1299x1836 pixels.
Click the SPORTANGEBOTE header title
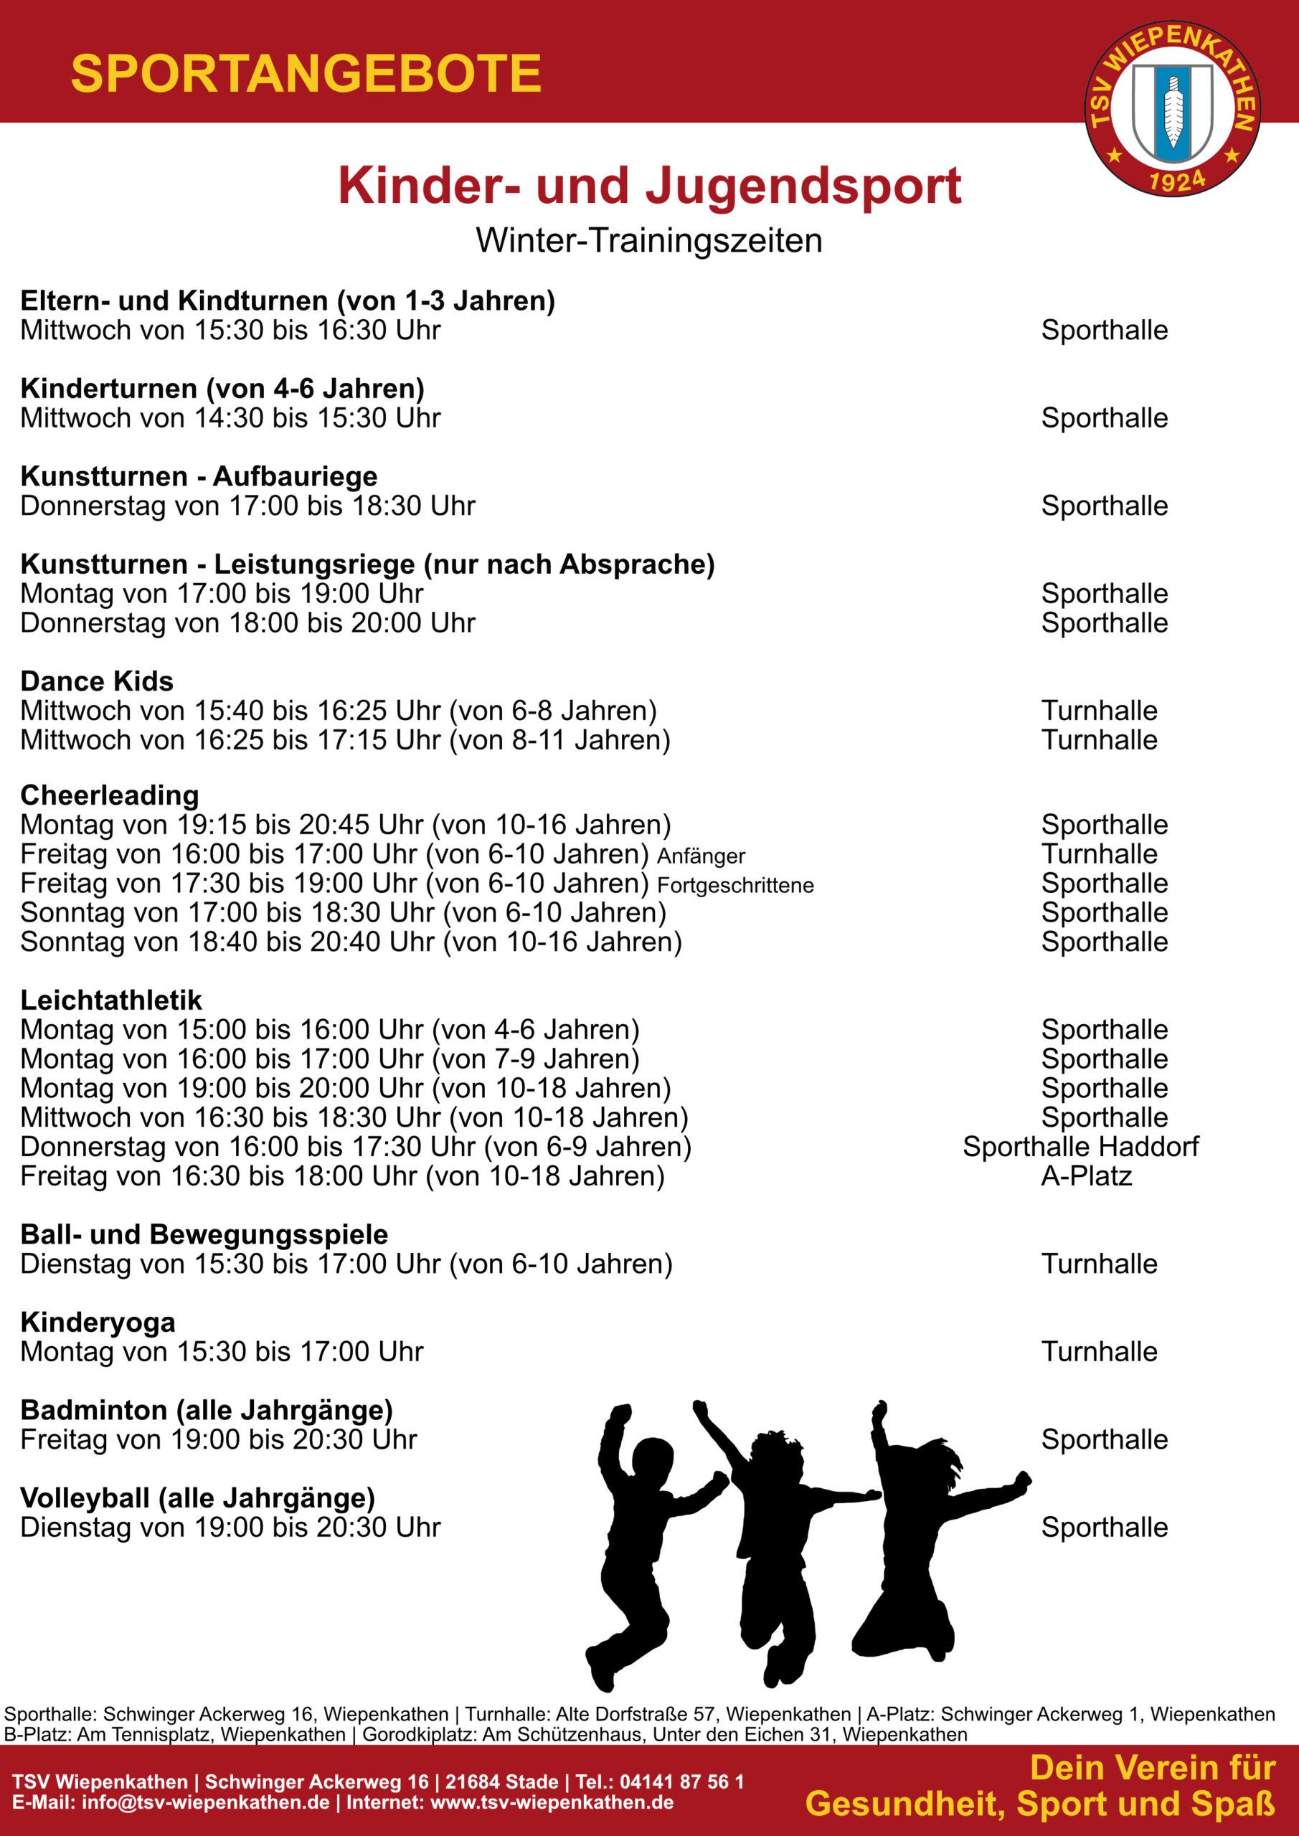[x=306, y=75]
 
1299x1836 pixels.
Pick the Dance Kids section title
[x=97, y=681]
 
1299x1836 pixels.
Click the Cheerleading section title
[x=110, y=795]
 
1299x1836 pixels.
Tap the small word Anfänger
[x=701, y=856]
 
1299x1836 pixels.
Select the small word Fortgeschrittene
[x=735, y=886]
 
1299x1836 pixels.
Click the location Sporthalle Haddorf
[x=1081, y=1147]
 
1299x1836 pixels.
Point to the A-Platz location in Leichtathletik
[x=1086, y=1176]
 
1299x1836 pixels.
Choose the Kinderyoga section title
[x=98, y=1322]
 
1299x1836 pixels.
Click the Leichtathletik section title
[x=111, y=1000]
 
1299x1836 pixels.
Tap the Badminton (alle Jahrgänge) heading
[x=207, y=1410]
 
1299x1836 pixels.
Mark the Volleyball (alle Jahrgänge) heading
[x=197, y=1497]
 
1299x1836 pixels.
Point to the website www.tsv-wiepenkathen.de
[x=551, y=1802]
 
